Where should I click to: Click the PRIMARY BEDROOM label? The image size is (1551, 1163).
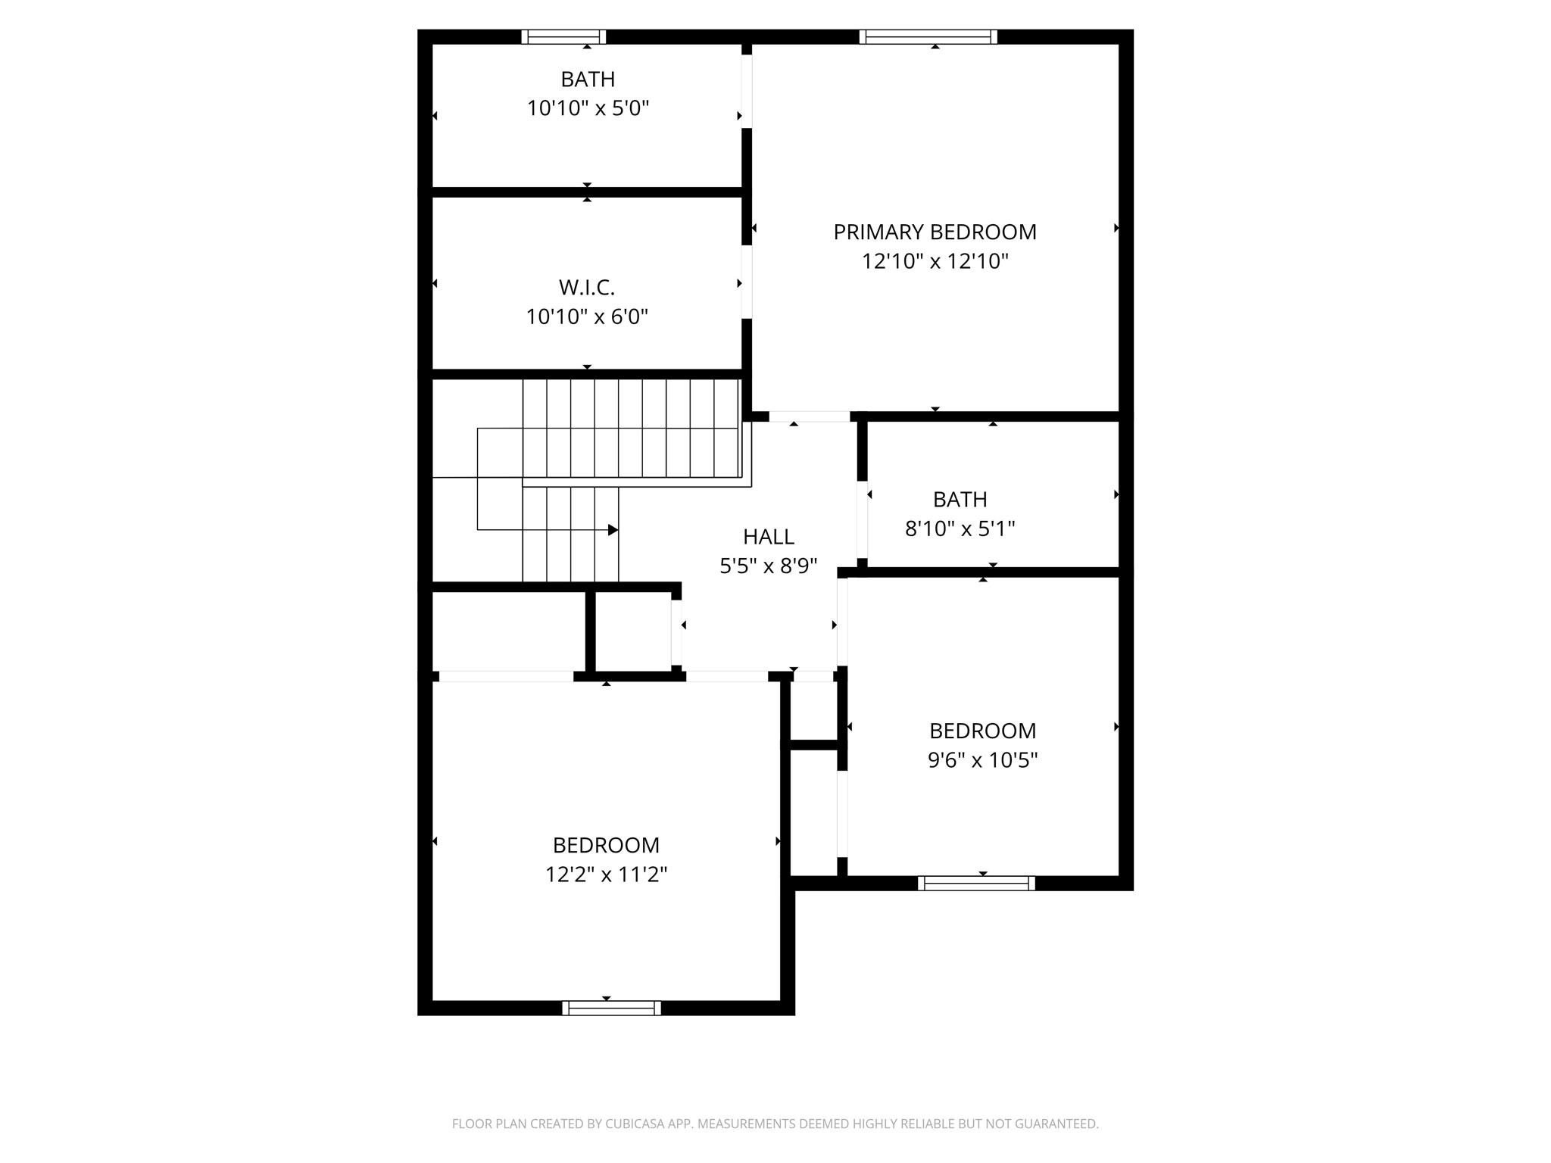point(935,232)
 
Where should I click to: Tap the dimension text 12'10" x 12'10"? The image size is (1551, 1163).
point(935,261)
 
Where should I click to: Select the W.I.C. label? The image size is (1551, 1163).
point(586,288)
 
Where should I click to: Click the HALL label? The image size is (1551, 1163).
point(768,537)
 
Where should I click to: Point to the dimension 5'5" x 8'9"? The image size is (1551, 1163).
point(768,566)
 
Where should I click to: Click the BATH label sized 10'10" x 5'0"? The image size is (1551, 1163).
point(587,80)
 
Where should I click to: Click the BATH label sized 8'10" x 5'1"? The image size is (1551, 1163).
point(960,500)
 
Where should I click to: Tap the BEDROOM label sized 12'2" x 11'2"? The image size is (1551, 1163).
point(606,845)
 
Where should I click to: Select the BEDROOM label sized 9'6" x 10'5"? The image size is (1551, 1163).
point(982,731)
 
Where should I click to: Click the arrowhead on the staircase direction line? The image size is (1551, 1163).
point(613,530)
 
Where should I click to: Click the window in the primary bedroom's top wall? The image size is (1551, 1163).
point(928,37)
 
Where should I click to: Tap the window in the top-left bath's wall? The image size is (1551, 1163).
point(563,37)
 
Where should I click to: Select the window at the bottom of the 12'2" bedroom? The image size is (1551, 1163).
point(611,1008)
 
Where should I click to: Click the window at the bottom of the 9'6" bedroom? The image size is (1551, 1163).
point(975,883)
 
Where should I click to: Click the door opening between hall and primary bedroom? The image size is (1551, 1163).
point(809,416)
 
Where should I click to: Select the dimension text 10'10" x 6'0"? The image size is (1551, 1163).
point(587,316)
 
